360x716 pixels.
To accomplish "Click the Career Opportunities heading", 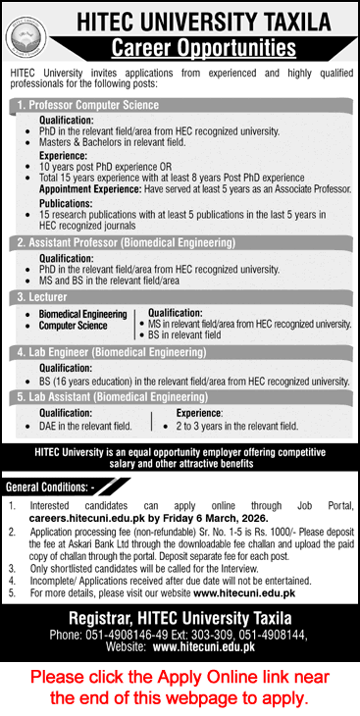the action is pyautogui.click(x=203, y=47).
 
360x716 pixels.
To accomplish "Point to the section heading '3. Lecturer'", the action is pyautogui.click(x=39, y=295).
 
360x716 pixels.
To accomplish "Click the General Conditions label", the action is pyautogui.click(x=50, y=486).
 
